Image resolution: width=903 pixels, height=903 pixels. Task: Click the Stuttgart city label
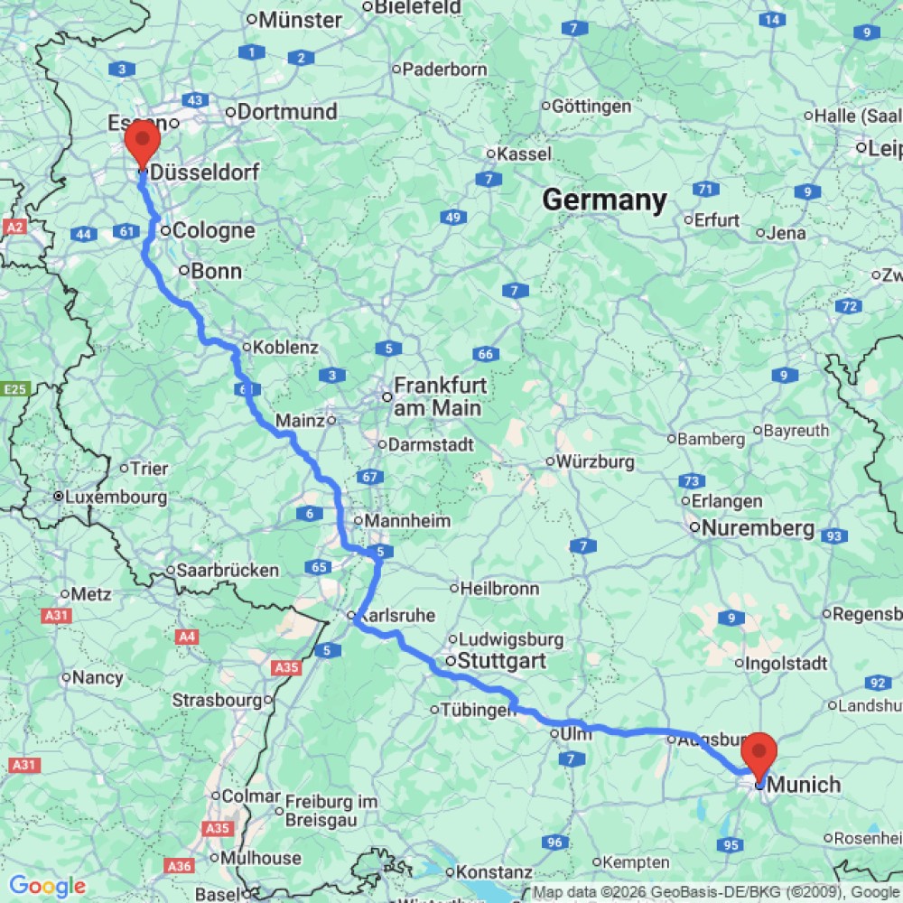coord(501,661)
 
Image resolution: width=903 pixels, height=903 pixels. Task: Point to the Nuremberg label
coord(758,528)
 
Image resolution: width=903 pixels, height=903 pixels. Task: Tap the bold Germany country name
coord(604,200)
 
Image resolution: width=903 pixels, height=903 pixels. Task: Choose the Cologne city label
coord(213,230)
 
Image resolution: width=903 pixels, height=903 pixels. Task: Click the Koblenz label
coord(285,348)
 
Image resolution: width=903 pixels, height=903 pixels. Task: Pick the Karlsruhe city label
coord(398,616)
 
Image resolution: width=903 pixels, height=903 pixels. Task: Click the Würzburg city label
coord(595,461)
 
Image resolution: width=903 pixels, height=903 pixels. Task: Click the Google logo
coord(47,887)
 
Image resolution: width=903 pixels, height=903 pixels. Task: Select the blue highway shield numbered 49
coord(453,218)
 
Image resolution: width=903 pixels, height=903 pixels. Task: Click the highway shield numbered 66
coord(485,354)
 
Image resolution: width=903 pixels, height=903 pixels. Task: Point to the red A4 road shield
coord(188,637)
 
